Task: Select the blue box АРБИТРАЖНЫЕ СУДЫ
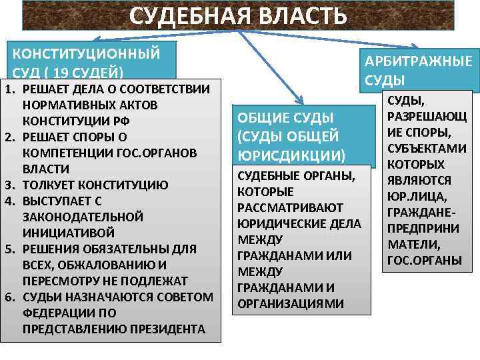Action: [417, 70]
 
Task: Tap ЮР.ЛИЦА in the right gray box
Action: [421, 197]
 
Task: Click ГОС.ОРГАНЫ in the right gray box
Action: [421, 260]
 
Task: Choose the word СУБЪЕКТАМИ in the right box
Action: [421, 148]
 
